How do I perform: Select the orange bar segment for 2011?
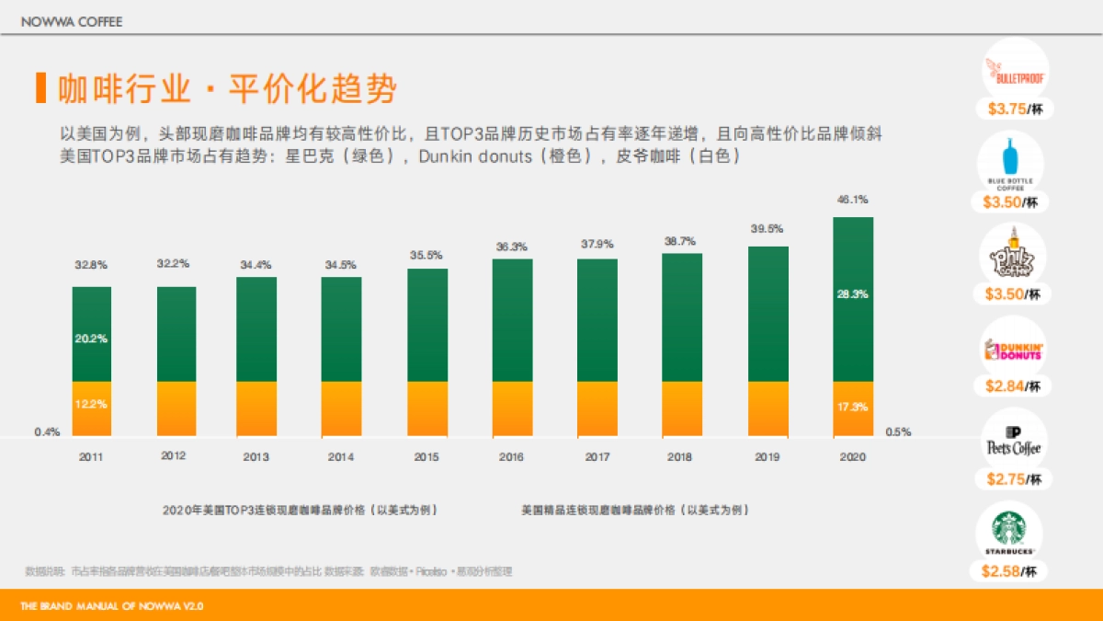pos(92,408)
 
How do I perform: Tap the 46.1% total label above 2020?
pos(852,200)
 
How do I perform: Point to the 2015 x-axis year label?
pos(426,456)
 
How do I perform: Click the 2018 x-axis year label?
pos(680,456)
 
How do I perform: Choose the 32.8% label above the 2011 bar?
pos(91,265)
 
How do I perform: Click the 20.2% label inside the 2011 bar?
pos(91,339)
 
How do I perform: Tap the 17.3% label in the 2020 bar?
pos(852,407)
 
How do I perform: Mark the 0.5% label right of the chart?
pos(898,431)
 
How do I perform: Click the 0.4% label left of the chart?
pos(48,431)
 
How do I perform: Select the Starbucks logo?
pos(1010,531)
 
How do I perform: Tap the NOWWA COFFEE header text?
pos(72,21)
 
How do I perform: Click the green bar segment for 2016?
pos(512,319)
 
